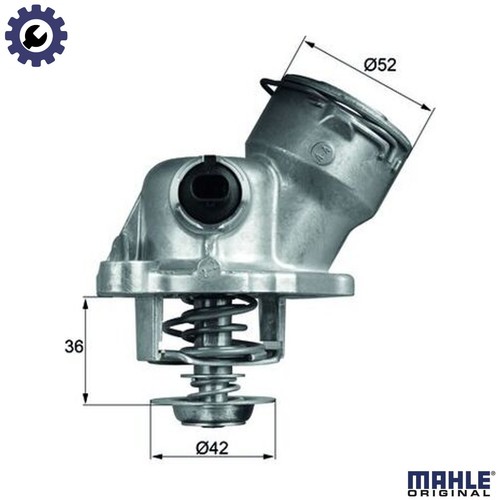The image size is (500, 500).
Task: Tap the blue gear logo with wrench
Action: pyautogui.click(x=36, y=35)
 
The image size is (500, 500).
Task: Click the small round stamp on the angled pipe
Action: pyautogui.click(x=320, y=152)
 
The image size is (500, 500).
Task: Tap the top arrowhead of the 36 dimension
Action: pyautogui.click(x=86, y=300)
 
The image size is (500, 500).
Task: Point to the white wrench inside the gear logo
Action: pyautogui.click(x=36, y=35)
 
